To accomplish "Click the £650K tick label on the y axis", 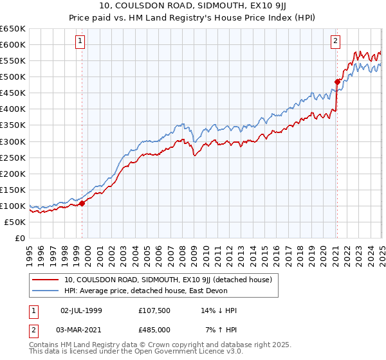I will point(13,29).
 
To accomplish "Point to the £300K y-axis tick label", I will point(13,141).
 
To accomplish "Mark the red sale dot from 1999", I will point(82,204).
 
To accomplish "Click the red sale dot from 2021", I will point(336,81).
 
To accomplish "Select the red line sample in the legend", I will point(46,280).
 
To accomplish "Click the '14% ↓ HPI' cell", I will point(219,310).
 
